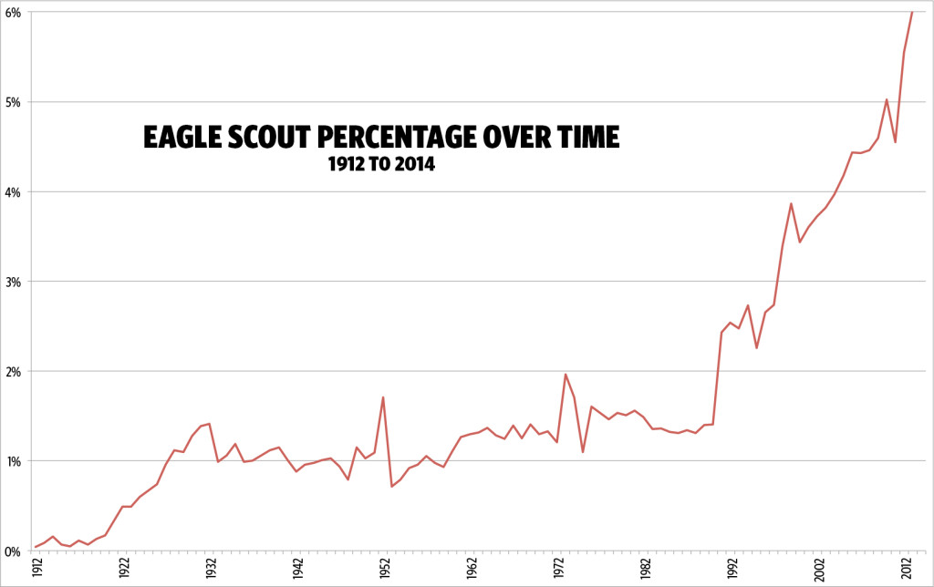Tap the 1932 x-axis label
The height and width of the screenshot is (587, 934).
coord(212,570)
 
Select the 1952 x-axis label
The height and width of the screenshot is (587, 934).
coord(385,570)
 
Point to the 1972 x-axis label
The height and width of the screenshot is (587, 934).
coord(558,570)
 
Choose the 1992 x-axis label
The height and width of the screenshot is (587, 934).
coord(732,570)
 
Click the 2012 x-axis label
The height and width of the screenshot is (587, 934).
coord(905,570)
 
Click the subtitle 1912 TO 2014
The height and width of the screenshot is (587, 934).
coord(381,166)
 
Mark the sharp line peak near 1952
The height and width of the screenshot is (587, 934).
coord(383,396)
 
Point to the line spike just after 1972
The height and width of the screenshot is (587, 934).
coord(566,374)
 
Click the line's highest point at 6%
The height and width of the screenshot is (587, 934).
coord(912,12)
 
